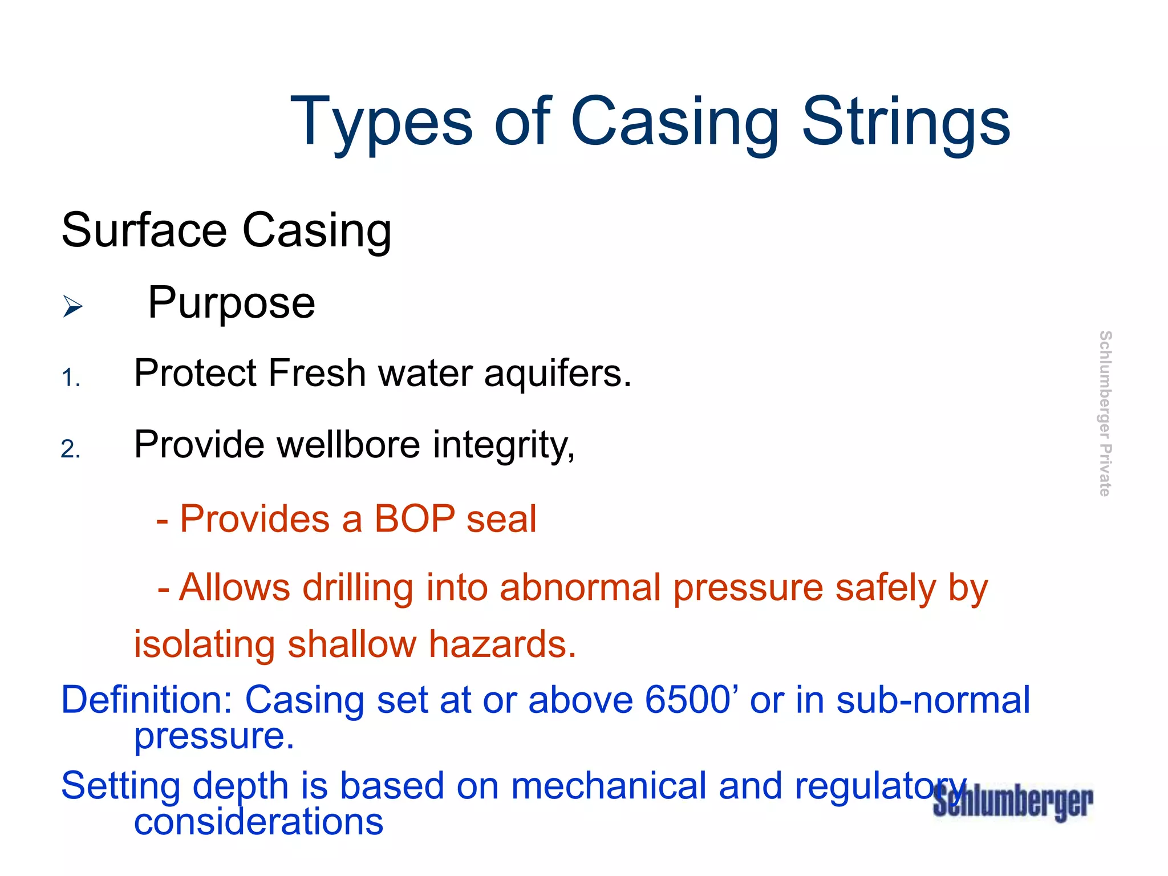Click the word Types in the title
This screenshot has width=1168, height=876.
pyautogui.click(x=382, y=122)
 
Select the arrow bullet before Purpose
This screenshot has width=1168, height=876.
pyautogui.click(x=72, y=306)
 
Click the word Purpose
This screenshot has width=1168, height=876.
pyautogui.click(x=232, y=303)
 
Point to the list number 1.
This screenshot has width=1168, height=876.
pyautogui.click(x=71, y=378)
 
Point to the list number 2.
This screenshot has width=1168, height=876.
pyautogui.click(x=71, y=449)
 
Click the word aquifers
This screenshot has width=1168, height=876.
pyautogui.click(x=558, y=374)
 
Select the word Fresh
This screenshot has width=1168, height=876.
pyautogui.click(x=317, y=374)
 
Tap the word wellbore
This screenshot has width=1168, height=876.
pyautogui.click(x=348, y=444)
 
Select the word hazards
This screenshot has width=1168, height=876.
pyautogui.click(x=502, y=644)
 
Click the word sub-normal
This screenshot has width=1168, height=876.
pyautogui.click(x=933, y=700)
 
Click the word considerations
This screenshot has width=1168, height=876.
pyautogui.click(x=258, y=822)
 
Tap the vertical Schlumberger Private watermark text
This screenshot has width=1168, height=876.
pyautogui.click(x=1105, y=413)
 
